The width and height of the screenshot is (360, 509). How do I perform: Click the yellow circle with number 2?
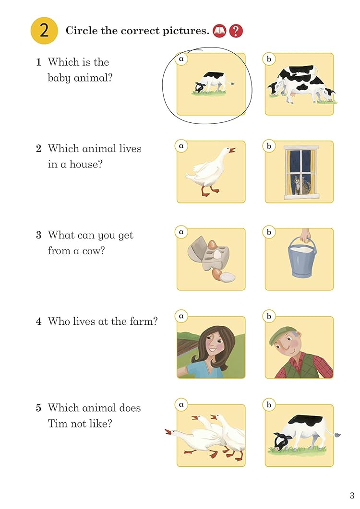pos(44,31)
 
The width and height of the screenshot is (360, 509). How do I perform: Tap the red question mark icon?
pos(236,31)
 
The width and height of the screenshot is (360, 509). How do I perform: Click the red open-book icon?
pos(219,31)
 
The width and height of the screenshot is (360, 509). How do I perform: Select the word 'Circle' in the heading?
pos(82,31)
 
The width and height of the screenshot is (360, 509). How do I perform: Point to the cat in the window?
pos(298,185)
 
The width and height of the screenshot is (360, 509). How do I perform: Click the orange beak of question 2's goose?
pos(232,150)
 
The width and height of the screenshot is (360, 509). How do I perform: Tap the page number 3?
pos(352,496)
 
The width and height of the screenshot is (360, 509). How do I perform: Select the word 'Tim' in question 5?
pos(56,423)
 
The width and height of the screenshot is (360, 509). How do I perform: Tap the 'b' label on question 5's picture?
pos(269,405)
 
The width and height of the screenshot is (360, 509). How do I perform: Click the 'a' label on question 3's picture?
pos(181,232)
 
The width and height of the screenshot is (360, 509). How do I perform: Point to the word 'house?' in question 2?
pos(86,164)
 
